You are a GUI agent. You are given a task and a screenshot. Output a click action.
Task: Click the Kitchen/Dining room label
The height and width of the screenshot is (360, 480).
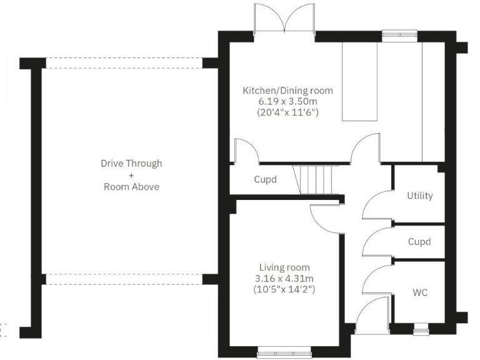(287, 91)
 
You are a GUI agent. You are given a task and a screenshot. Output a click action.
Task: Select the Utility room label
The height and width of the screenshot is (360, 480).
(419, 196)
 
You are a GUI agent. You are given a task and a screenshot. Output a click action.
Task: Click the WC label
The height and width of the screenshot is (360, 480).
(419, 292)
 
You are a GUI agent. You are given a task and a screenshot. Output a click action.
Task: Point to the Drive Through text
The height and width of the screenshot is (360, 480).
(131, 163)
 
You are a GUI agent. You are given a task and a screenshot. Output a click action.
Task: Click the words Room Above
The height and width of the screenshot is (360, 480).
(131, 186)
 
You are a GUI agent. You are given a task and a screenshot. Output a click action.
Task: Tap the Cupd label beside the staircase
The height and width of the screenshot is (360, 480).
(265, 179)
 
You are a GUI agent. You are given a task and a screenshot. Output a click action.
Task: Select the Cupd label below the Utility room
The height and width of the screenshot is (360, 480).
(419, 242)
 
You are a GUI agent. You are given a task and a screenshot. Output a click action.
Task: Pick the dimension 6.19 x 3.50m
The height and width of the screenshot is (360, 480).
(287, 102)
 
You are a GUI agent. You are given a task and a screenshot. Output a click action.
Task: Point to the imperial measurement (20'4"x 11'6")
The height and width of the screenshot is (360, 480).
(287, 113)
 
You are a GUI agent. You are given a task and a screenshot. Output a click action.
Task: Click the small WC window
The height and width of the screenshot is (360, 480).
(419, 325)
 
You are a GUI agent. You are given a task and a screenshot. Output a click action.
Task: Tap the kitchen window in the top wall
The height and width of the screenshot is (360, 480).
(392, 36)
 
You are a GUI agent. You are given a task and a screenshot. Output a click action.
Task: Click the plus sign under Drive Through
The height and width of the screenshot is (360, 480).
(131, 175)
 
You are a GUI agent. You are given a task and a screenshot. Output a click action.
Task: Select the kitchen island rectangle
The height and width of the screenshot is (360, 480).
(360, 82)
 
